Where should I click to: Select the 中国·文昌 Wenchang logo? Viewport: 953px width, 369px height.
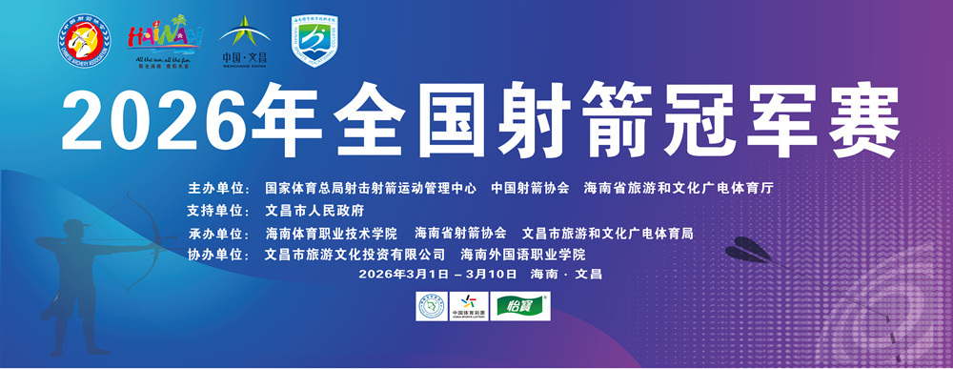pyautogui.click(x=244, y=42)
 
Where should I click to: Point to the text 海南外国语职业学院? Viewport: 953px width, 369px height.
pyautogui.click(x=523, y=255)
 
